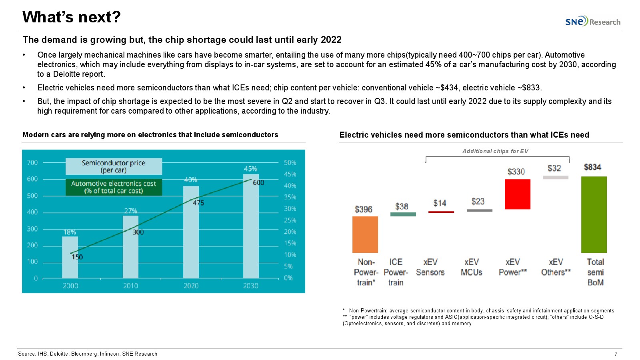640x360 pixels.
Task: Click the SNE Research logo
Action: [592, 21]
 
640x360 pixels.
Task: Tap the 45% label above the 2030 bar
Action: [250, 169]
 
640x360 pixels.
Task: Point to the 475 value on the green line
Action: [198, 203]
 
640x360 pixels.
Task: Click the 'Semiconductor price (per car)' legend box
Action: [114, 166]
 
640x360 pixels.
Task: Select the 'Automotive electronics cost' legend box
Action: [114, 187]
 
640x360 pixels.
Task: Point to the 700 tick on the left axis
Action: [32, 163]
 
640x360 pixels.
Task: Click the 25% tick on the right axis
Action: [290, 220]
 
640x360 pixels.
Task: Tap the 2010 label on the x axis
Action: [130, 286]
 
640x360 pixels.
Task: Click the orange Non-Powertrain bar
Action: [365, 234]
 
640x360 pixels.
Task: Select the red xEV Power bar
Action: [517, 194]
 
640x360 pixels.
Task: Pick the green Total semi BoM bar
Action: [594, 214]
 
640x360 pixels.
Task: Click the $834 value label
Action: [592, 167]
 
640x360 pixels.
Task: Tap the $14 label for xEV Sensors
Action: [440, 203]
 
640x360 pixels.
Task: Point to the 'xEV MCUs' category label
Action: [471, 267]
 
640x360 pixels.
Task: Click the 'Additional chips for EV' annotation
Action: [495, 151]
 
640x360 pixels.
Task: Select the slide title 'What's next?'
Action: [72, 17]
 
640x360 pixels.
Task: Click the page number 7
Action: [616, 354]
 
